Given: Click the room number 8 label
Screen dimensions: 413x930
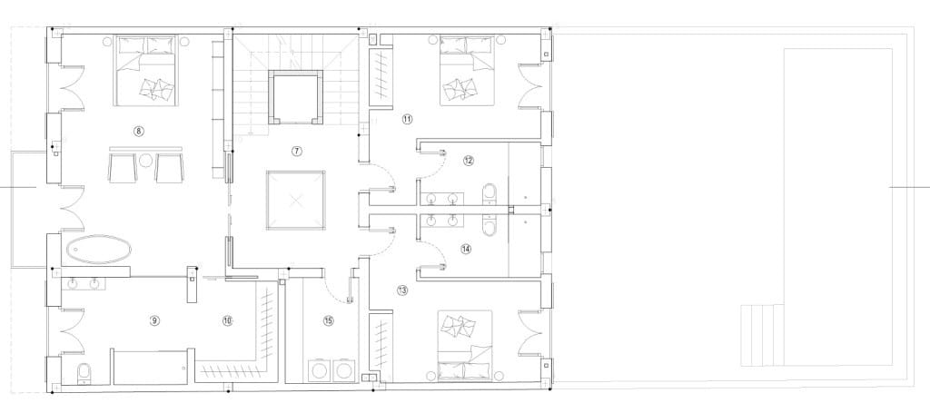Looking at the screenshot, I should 138,131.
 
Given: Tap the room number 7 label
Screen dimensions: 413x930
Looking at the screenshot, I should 296,150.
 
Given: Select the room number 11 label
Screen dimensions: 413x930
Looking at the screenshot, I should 407,119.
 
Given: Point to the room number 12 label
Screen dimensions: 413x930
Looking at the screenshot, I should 468,161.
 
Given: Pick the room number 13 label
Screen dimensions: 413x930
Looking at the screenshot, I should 402,290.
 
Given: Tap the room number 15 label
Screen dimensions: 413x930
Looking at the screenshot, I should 328,320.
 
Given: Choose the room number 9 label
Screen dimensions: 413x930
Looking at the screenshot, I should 154,320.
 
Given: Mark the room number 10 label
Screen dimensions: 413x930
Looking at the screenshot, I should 227,320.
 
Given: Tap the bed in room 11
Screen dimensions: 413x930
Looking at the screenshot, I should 466,71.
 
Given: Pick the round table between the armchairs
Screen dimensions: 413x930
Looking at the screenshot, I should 145,162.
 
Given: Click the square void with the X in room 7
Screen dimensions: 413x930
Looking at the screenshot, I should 296,200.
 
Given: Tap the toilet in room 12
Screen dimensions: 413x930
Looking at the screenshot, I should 490,193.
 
